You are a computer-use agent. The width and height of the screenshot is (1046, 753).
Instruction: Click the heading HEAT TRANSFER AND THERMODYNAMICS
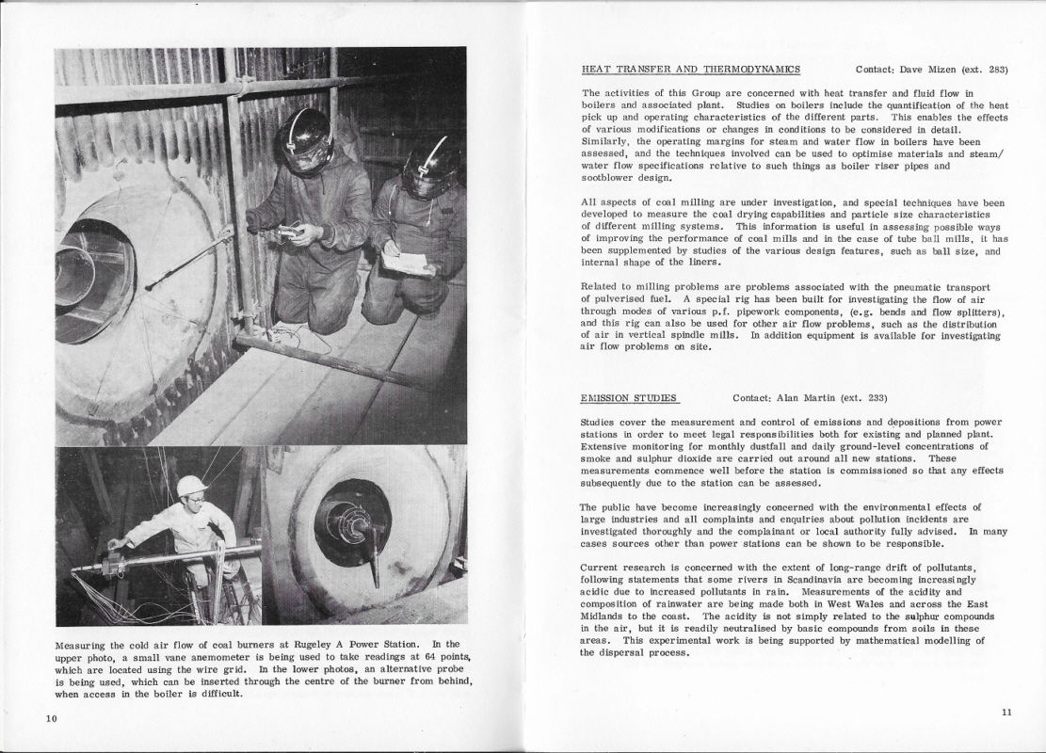point(691,69)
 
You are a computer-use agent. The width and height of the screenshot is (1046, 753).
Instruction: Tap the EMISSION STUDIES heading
point(630,398)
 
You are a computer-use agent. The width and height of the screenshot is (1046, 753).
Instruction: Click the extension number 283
point(998,69)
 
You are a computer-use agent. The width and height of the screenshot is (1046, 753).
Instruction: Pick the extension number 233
point(876,398)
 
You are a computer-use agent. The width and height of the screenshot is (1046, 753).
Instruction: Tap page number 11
point(1006,713)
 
